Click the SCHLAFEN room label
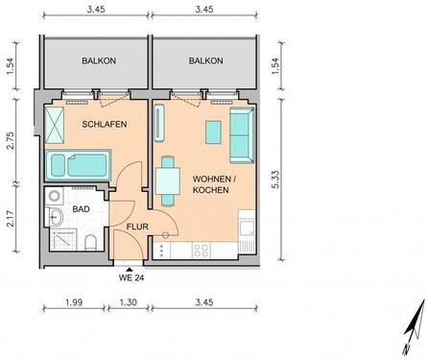tap(105, 125)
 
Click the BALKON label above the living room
tap(205, 61)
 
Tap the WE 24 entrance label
tap(130, 280)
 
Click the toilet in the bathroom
tap(88, 240)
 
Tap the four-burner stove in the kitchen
tap(202, 251)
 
